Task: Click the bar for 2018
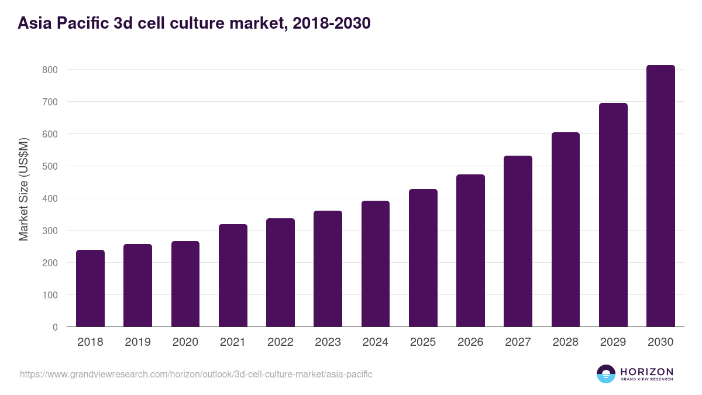90,288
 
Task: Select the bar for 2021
233,276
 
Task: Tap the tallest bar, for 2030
660,196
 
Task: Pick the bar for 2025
423,258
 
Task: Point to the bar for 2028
565,229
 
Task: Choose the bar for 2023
328,269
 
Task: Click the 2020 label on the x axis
185,342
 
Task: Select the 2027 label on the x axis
518,342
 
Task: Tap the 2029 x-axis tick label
613,342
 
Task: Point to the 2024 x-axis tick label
375,342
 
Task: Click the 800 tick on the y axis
50,70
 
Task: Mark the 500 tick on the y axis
50,166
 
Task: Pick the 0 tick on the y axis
55,327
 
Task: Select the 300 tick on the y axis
50,231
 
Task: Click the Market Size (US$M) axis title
23,189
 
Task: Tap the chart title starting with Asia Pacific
194,23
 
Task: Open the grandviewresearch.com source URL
196,374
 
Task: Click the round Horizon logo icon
606,374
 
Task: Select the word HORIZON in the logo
646,372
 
